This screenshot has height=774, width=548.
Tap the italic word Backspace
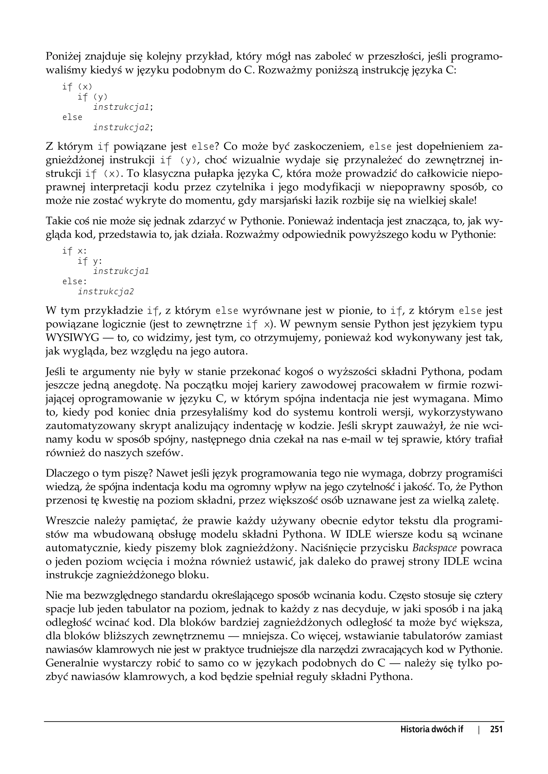click(435, 548)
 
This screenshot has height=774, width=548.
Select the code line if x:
click(75, 251)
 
